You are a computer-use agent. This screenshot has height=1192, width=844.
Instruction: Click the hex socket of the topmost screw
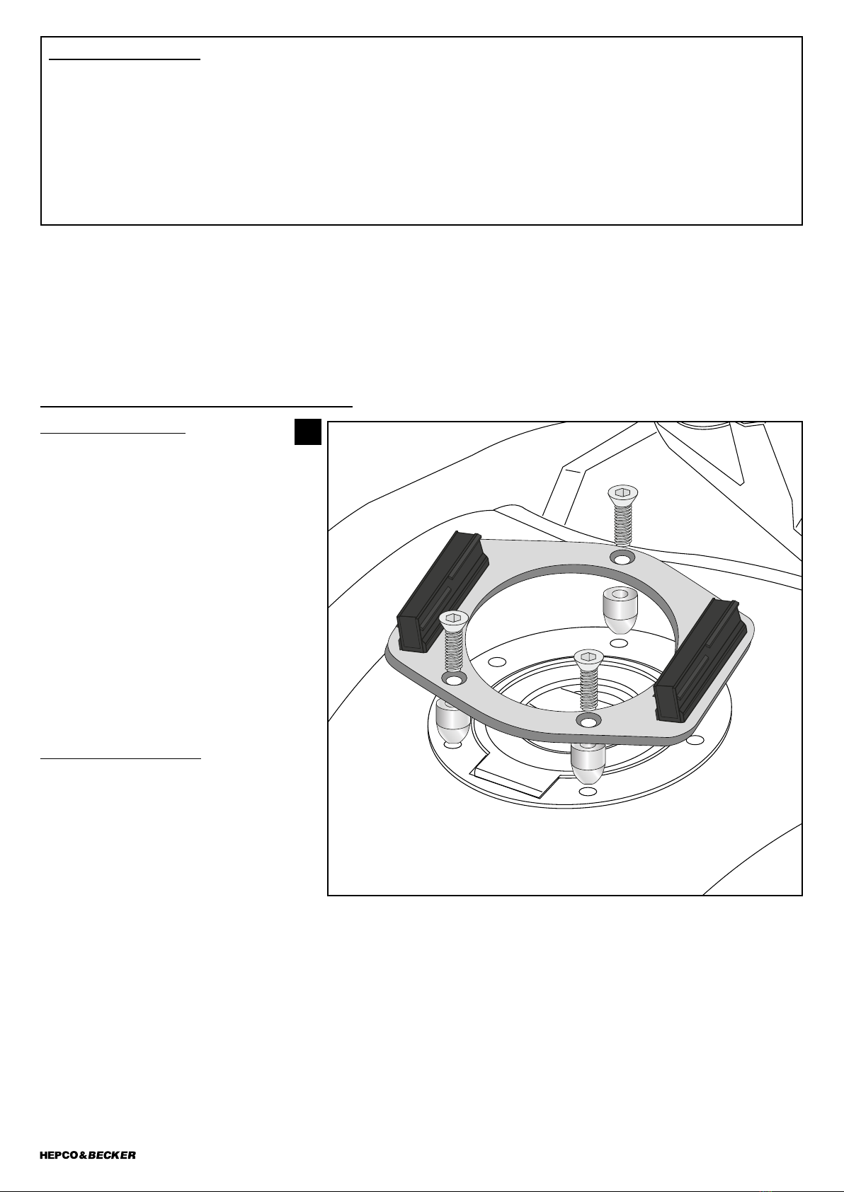coord(622,492)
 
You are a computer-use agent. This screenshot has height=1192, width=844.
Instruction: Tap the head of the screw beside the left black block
coord(453,618)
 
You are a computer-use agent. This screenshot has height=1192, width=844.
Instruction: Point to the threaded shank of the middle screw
coord(588,688)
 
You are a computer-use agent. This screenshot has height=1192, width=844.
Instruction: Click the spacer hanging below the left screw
coord(452,722)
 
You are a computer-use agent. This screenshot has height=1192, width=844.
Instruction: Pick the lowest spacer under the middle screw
coord(587,763)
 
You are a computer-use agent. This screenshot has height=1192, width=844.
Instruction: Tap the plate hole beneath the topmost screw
coord(622,558)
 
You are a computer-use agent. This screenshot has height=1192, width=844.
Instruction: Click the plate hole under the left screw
coord(453,680)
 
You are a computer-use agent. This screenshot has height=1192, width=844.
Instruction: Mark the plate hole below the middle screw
coord(588,722)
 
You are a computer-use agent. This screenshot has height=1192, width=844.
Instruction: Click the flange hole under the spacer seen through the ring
coord(618,643)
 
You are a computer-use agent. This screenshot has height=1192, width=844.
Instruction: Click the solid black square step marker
coord(308,432)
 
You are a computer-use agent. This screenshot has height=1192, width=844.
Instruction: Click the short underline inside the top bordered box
coord(125,59)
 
